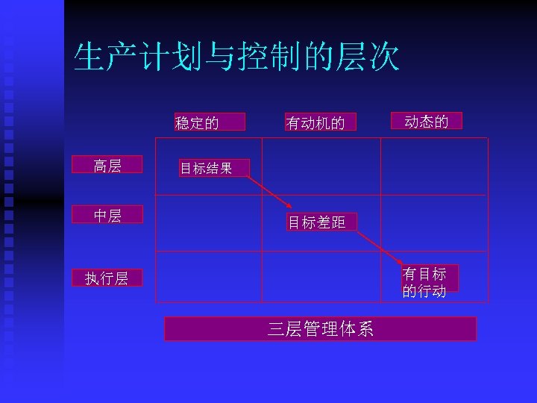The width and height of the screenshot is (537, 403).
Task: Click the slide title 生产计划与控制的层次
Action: [x=236, y=57]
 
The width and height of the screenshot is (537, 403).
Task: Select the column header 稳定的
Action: [x=198, y=122]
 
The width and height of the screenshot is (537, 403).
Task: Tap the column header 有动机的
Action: [x=315, y=122]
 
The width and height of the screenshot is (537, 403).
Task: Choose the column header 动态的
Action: [x=427, y=121]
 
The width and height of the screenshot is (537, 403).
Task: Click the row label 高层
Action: [x=107, y=165]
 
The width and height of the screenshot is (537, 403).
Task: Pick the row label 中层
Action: [x=107, y=215]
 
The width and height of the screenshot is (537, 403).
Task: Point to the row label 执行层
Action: [x=107, y=278]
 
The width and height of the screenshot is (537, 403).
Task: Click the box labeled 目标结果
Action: [x=206, y=168]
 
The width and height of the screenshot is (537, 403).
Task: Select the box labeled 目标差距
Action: [x=317, y=222]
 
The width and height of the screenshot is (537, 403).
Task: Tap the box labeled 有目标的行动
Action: [x=427, y=281]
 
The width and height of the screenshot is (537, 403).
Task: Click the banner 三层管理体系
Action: [x=320, y=329]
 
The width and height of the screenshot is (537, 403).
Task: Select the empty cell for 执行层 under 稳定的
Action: [x=208, y=278]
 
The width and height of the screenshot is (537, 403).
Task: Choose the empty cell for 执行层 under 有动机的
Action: [x=320, y=278]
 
